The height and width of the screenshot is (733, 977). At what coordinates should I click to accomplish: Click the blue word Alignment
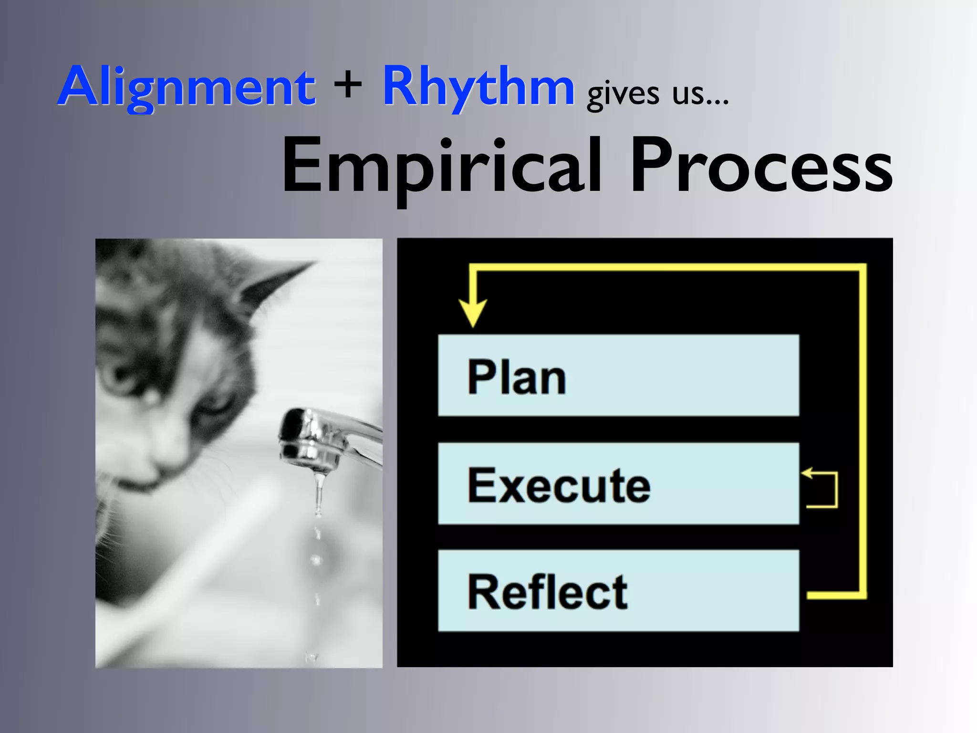(x=187, y=87)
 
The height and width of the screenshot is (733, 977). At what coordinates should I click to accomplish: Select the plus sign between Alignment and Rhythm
(x=348, y=86)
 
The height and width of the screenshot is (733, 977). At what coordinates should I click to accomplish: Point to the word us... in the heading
(x=700, y=94)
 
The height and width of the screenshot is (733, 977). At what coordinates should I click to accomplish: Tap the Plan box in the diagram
(x=618, y=375)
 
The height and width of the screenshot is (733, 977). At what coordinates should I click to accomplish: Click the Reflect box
(x=618, y=591)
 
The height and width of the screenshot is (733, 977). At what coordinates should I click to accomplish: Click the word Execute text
(x=559, y=486)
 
